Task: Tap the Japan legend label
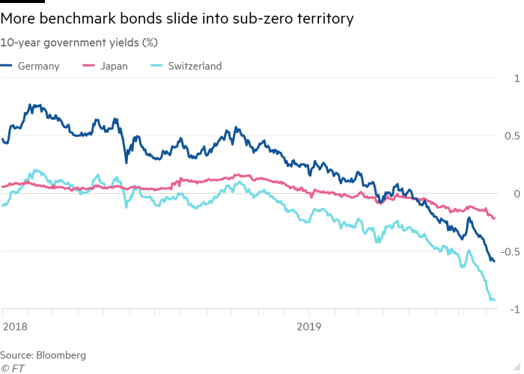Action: click(113, 66)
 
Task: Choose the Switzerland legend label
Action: click(194, 66)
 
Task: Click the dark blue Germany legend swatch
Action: click(7, 66)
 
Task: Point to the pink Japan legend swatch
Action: click(88, 66)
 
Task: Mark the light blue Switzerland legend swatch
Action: click(156, 66)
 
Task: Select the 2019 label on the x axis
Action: click(308, 326)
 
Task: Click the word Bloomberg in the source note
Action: click(61, 354)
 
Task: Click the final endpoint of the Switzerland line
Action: click(495, 301)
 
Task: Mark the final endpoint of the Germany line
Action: click(494, 262)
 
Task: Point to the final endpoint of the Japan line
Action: click(495, 218)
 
